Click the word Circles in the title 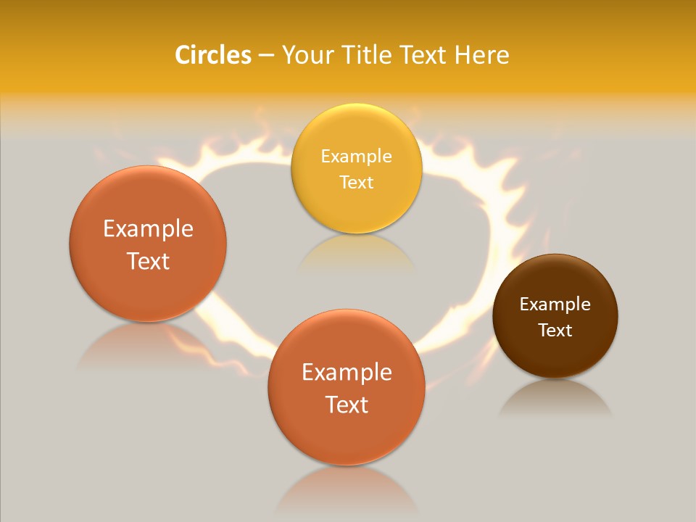click(213, 55)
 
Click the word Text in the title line click(425, 55)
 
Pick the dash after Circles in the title click(266, 56)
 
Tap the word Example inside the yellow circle click(356, 156)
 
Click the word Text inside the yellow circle click(356, 182)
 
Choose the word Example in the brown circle click(555, 304)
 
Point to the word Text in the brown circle click(555, 330)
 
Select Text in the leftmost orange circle click(148, 261)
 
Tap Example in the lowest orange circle click(347, 372)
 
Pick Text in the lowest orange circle click(347, 405)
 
